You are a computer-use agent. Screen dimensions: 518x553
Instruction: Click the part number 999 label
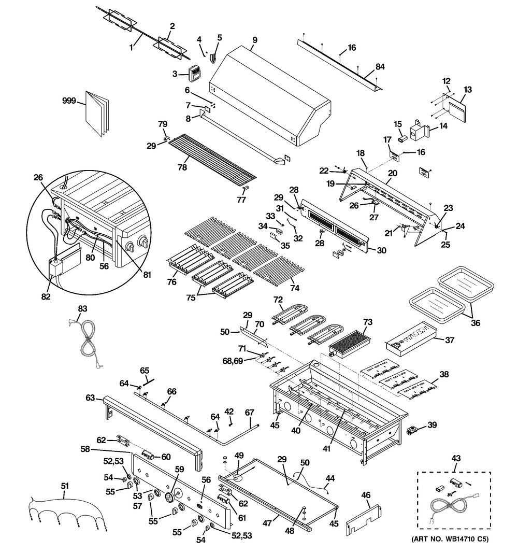69,101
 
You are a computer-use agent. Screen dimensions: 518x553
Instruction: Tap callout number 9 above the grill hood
254,40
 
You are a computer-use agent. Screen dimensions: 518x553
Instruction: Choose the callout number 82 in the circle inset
46,296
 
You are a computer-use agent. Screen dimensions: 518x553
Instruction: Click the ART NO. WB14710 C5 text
450,539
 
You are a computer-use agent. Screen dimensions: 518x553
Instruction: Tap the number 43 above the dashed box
456,458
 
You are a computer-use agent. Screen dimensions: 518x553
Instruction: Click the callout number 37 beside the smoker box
450,340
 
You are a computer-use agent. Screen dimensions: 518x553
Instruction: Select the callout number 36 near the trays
476,323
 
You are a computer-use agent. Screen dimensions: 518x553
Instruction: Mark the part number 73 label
368,322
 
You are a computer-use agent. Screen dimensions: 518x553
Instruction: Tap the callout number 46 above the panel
366,495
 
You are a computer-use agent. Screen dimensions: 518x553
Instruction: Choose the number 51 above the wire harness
64,486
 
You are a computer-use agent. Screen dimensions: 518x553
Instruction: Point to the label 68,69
233,361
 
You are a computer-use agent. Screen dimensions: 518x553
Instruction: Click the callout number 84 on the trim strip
380,67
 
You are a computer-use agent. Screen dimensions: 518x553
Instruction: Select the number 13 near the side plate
467,90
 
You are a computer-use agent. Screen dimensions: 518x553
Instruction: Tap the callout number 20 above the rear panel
392,173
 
